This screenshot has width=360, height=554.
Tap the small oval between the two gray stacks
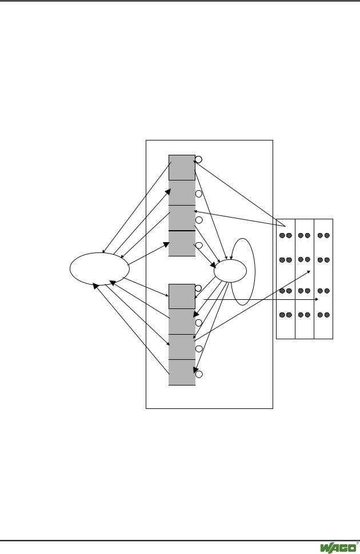(229, 270)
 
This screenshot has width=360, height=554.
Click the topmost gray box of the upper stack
(182, 167)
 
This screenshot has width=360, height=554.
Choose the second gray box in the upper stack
(182, 192)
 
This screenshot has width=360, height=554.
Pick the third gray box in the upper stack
(182, 218)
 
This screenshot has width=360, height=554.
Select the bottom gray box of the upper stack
(182, 243)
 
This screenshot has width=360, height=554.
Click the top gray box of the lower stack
(182, 296)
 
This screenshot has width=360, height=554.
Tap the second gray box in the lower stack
(182, 322)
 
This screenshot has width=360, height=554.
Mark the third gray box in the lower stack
(182, 347)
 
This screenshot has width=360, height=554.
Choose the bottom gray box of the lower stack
(182, 372)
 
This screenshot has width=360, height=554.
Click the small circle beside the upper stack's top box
(199, 159)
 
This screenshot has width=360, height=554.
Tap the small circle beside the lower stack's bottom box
(199, 375)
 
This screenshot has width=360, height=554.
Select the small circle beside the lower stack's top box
(199, 288)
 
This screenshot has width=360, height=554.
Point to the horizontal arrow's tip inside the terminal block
(317, 299)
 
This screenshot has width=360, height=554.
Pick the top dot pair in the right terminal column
(324, 235)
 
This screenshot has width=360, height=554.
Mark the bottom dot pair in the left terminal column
(285, 315)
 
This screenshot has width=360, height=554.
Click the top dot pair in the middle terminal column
(305, 235)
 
